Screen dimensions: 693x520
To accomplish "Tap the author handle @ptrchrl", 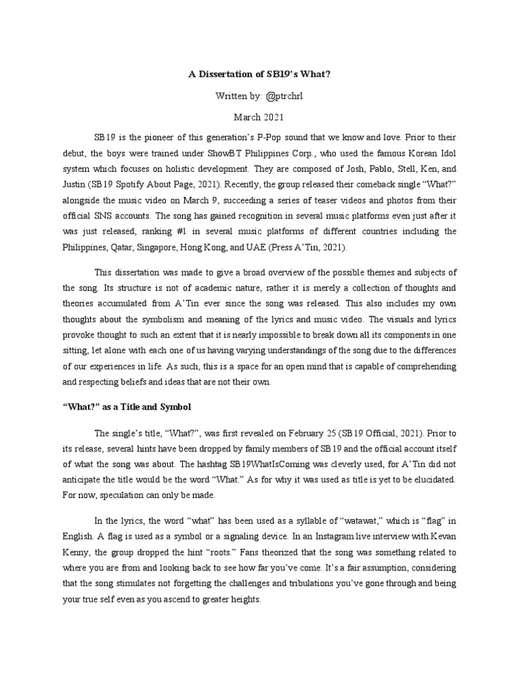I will point(280,95).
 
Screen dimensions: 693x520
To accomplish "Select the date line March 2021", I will point(260,117).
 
